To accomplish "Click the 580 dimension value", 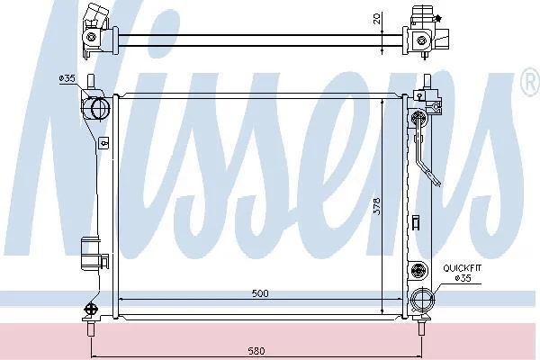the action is [x=256, y=351].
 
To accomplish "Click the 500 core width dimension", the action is [x=260, y=293].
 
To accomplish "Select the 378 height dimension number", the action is [x=377, y=206].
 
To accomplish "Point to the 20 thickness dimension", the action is [x=377, y=18].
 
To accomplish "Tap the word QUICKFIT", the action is [x=463, y=268].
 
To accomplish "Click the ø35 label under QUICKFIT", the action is [x=463, y=278].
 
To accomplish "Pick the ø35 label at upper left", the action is [x=67, y=78].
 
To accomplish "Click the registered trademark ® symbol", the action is [x=531, y=82].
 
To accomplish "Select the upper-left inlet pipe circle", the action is [x=101, y=109].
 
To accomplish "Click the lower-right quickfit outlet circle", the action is [x=423, y=300].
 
